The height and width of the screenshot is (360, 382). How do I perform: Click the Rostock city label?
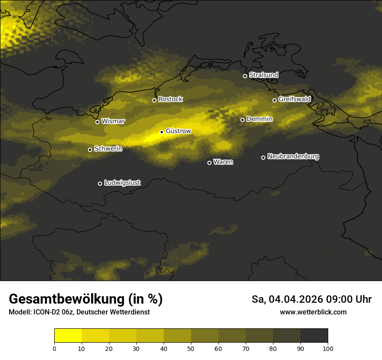[x=171, y=99]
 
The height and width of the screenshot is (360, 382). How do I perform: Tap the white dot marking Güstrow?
[x=161, y=132]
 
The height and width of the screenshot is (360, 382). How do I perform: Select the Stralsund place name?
[x=263, y=75]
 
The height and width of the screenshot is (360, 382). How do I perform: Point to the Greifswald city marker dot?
[x=274, y=100]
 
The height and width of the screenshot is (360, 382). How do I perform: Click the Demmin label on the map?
[x=259, y=119]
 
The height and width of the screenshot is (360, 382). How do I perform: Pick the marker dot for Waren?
[x=209, y=163]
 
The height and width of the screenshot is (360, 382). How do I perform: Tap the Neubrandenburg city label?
[x=293, y=156]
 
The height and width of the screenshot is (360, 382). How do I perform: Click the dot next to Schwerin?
[x=90, y=150]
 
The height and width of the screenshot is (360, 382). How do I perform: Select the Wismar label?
[x=113, y=121]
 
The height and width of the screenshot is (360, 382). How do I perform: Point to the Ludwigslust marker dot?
[x=100, y=183]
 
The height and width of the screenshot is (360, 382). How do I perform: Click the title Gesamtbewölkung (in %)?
[x=86, y=299]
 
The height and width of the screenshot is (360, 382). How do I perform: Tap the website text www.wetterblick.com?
[x=313, y=312]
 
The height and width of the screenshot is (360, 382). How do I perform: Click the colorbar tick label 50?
[x=191, y=348]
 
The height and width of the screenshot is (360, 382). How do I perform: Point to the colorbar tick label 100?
[x=328, y=348]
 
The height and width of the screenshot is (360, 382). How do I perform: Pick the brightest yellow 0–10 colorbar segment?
[x=68, y=336]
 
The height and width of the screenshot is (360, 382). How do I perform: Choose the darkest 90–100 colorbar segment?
[x=314, y=336]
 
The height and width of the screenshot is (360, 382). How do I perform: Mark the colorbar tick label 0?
[x=54, y=348]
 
